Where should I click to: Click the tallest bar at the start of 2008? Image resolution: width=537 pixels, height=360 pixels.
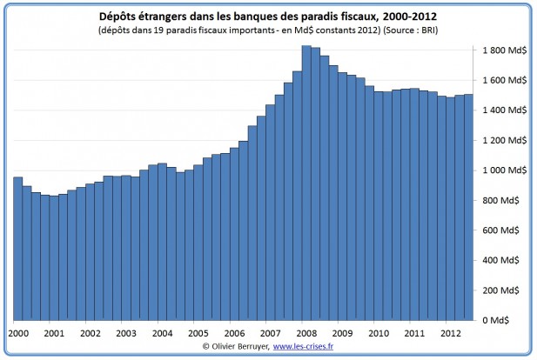306,183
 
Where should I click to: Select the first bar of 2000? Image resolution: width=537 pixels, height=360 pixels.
18,249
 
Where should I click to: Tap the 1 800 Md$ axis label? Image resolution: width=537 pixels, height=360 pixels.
505,50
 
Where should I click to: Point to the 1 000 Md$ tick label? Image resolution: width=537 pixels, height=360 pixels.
505,170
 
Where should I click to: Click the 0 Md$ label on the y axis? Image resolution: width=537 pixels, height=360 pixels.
495,320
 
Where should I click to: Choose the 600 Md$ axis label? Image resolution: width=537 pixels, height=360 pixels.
500,230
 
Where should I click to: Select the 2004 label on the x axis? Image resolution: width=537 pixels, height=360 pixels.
163,333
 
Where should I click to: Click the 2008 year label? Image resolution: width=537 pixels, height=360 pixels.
306,333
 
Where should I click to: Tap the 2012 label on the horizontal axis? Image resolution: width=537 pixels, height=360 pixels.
451,333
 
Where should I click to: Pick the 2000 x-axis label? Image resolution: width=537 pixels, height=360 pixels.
18,333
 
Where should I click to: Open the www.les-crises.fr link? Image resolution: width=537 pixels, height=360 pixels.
303,346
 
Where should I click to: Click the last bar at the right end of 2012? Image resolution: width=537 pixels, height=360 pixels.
468,207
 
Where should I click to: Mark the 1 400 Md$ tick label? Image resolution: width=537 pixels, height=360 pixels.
505,110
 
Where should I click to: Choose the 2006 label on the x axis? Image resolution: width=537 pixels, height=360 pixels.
234,333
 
